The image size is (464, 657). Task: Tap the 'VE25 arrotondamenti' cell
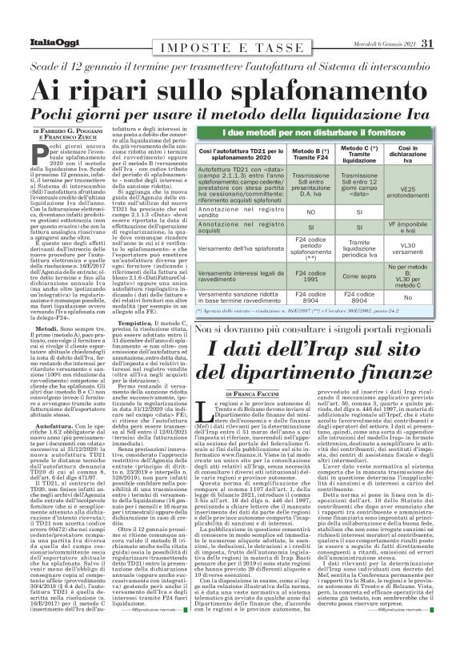[x=408, y=189]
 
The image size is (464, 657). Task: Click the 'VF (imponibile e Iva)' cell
[x=408, y=227]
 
